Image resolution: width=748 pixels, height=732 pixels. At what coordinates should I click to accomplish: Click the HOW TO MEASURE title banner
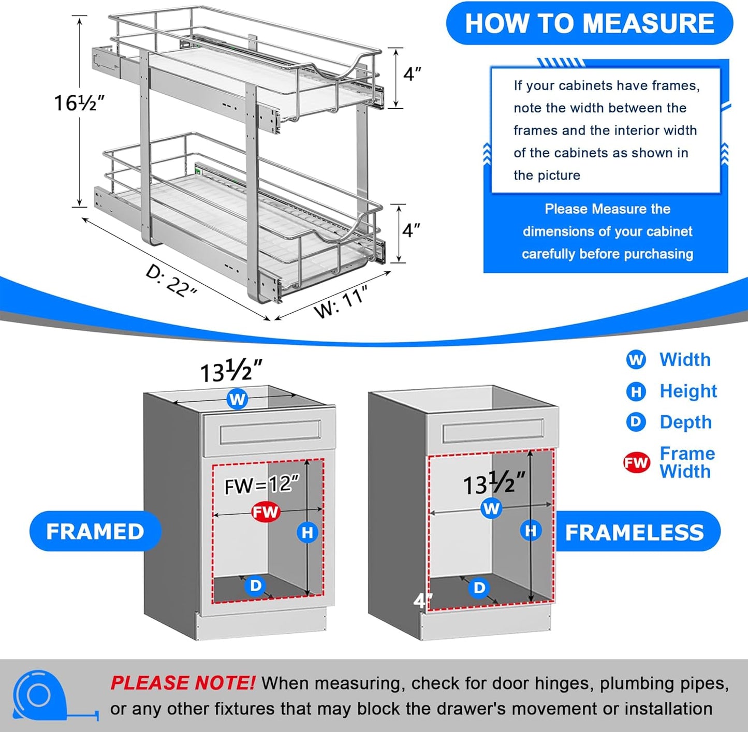589,23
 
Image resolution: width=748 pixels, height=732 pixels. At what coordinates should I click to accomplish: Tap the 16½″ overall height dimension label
79,103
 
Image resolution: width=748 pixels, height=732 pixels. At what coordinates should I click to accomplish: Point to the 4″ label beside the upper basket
412,74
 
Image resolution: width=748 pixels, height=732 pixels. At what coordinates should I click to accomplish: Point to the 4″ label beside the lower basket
411,230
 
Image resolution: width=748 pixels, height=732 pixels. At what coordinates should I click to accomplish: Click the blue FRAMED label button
95,531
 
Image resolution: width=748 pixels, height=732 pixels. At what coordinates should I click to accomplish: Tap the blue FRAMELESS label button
634,532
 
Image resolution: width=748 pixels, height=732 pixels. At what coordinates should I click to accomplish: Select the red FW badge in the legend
636,462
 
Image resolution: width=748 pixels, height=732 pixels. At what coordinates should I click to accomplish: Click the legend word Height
688,391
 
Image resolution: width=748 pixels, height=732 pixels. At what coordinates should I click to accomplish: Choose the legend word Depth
685,422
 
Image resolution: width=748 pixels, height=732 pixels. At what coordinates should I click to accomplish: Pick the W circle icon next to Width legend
636,359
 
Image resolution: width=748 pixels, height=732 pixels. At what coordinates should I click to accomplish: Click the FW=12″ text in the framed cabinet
261,485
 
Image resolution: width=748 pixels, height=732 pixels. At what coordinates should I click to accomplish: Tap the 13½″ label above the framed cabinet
231,371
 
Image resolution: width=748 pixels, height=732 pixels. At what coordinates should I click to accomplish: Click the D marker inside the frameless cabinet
480,588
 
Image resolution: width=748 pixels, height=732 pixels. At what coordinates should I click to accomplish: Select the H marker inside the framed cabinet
307,532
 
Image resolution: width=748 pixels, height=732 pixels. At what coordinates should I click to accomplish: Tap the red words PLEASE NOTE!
182,683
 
